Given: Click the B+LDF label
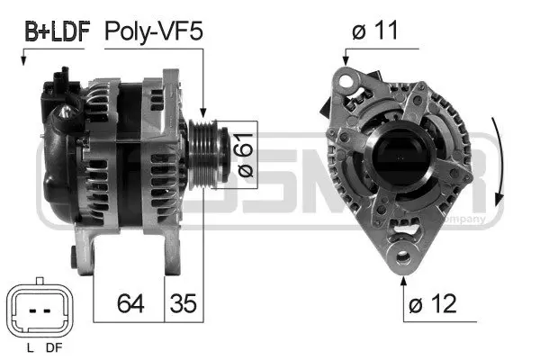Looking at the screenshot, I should pos(55,32).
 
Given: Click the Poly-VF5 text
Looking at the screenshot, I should pos(155,32).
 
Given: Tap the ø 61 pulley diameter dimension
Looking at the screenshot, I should pos(240,154).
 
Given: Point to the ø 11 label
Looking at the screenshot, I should pos(376,32).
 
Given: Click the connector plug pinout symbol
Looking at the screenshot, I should pos(38,310).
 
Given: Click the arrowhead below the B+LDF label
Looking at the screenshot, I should pos(22,60).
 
